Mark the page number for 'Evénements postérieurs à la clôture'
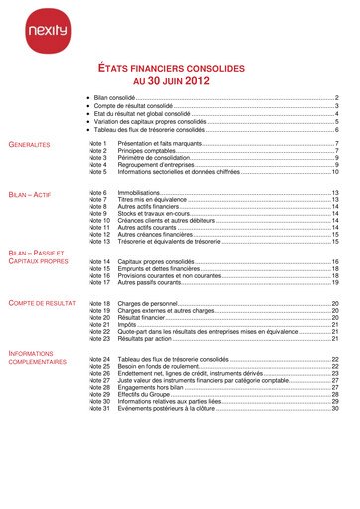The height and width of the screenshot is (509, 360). click(x=335, y=408)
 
